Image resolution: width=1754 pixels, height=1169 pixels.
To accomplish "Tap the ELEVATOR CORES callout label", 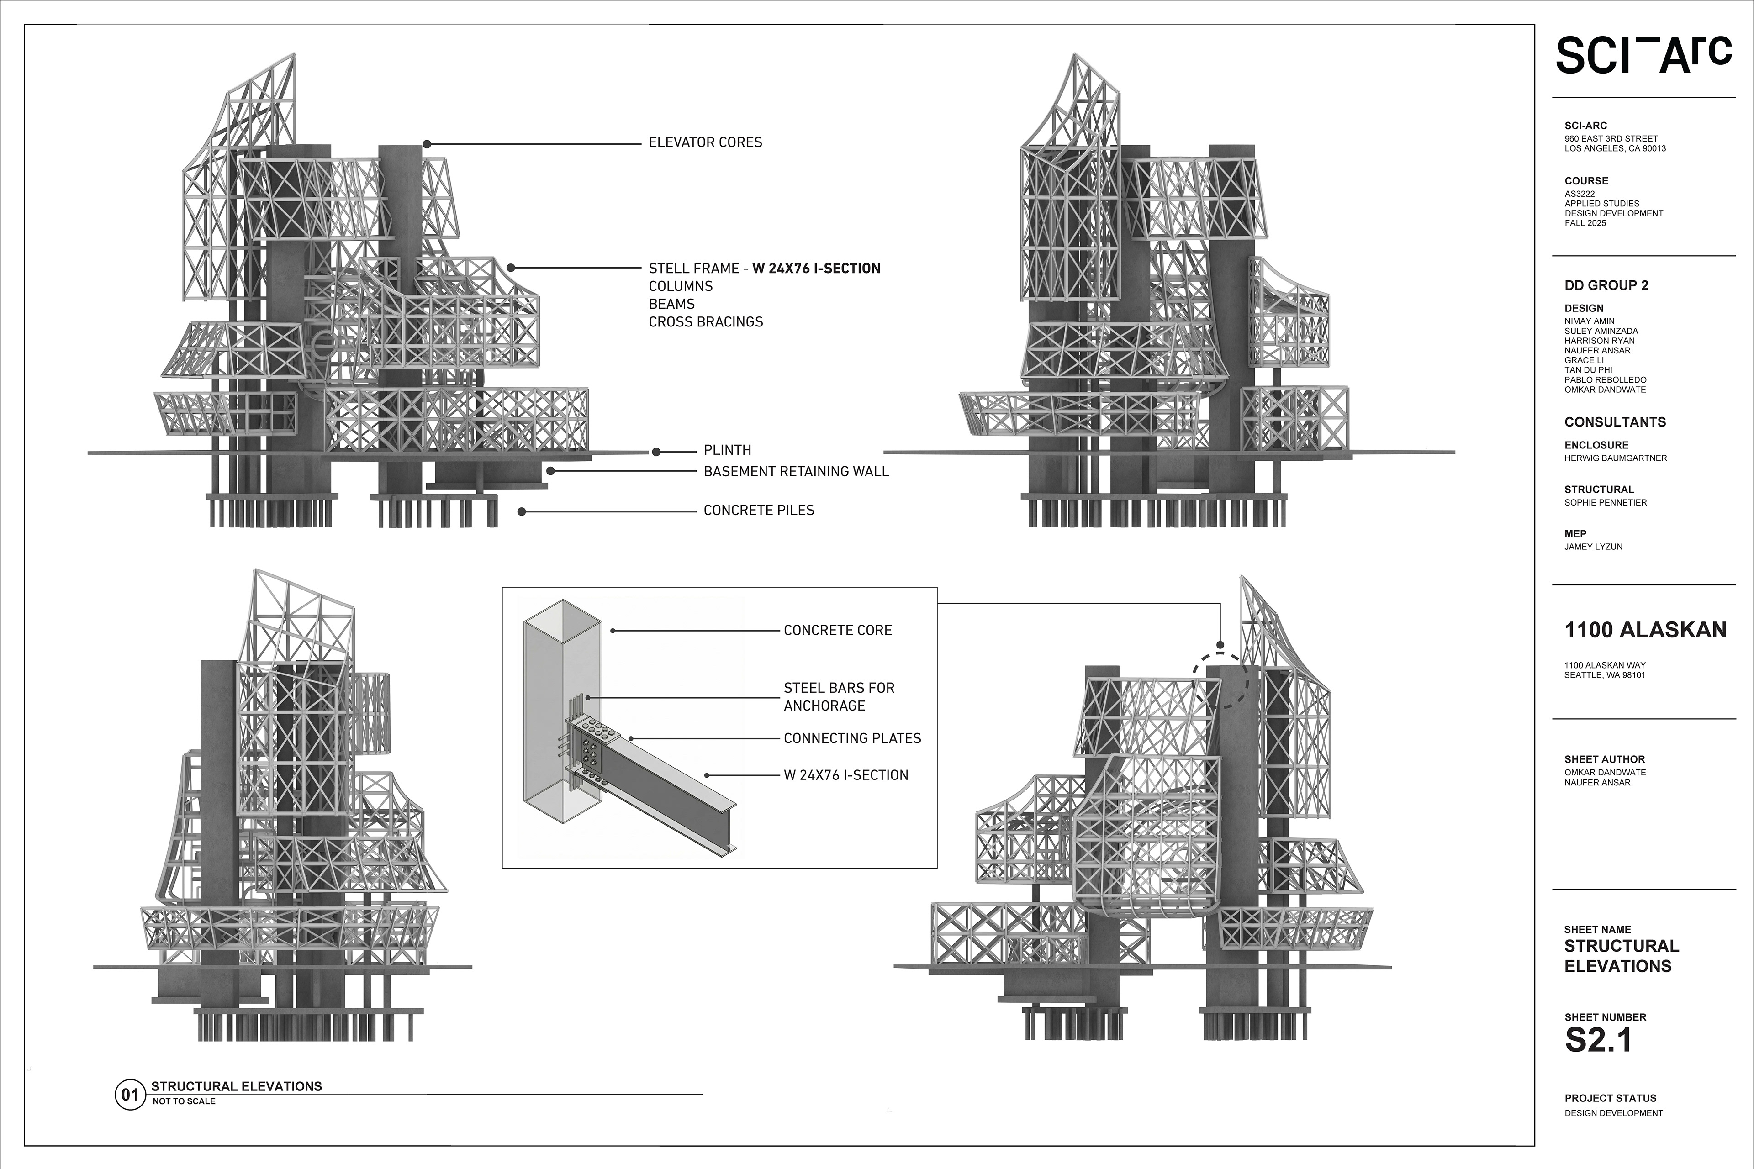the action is [x=705, y=142].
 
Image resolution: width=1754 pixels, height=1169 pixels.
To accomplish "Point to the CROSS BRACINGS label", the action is [x=705, y=322].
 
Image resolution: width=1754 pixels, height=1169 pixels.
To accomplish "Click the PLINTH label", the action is [x=727, y=450].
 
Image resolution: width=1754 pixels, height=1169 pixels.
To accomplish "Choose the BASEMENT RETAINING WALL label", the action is [x=796, y=471].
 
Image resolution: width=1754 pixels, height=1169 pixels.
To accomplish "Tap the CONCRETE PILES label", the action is [x=758, y=511].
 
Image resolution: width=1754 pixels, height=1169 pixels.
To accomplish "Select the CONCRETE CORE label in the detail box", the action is [x=837, y=631].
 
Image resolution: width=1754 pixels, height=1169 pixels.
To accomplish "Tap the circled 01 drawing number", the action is [x=130, y=1095].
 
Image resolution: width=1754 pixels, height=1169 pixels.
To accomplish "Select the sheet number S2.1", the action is [x=1598, y=1041].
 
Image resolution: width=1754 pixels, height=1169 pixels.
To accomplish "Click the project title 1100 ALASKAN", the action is [x=1645, y=631].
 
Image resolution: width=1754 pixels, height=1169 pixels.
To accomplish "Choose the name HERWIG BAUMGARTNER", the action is [x=1615, y=458].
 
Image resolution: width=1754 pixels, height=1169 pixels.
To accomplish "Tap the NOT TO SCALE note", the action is [x=184, y=1101].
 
